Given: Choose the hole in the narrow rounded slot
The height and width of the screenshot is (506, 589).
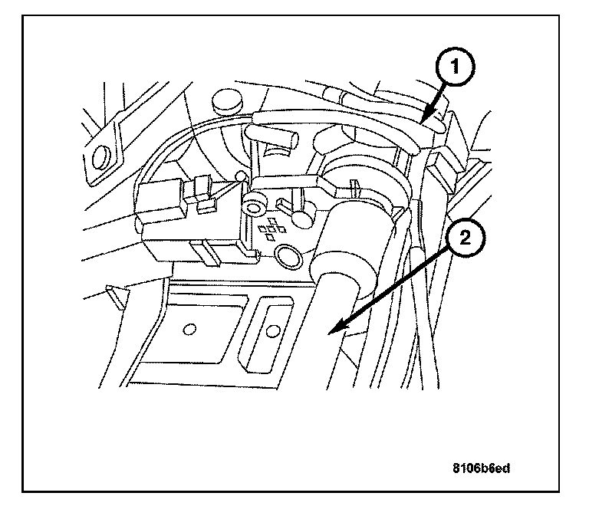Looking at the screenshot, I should (x=270, y=332).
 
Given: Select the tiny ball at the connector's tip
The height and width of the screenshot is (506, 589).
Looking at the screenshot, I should (x=241, y=177).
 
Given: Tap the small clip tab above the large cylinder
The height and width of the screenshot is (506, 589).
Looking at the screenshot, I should (x=356, y=186).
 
